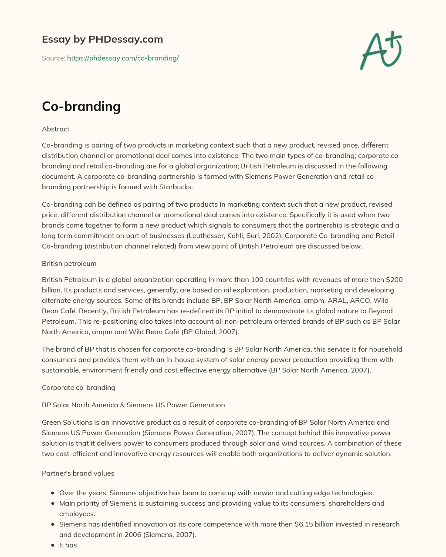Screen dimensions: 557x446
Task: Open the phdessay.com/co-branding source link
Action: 123,58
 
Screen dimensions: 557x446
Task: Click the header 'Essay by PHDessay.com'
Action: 102,39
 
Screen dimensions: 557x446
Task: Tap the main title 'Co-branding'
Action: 81,106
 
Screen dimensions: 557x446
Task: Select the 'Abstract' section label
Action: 56,129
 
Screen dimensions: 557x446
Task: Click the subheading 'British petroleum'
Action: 69,264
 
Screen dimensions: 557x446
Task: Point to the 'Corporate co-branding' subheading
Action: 78,388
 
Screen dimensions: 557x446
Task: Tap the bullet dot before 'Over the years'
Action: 53,493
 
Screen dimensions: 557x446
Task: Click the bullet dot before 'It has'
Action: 53,545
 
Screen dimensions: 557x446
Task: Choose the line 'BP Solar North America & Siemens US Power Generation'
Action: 133,405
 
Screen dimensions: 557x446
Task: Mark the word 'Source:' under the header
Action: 54,58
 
